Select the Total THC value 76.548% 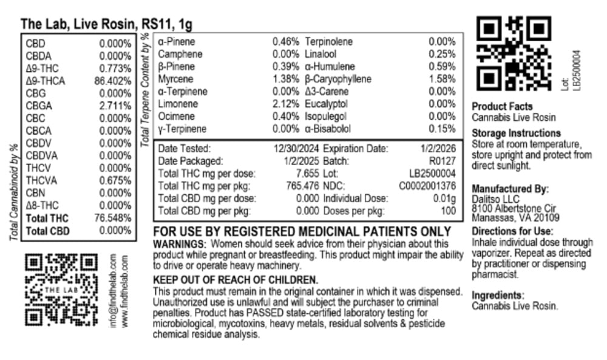tap(113, 218)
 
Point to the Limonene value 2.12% tap(286, 104)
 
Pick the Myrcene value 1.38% tap(286, 80)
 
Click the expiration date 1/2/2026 tap(438, 148)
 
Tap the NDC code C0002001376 tap(427, 186)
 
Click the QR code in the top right tap(514, 52)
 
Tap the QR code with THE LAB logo tap(63, 288)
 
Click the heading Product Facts tap(502, 106)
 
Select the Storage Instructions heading tap(516, 133)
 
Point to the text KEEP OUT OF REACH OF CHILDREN tap(236, 280)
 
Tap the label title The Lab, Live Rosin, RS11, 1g tap(107, 25)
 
